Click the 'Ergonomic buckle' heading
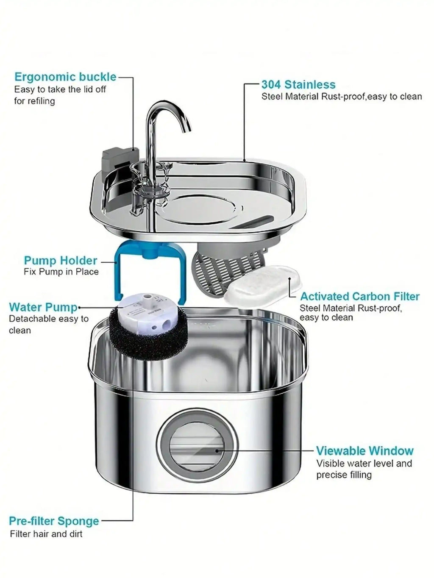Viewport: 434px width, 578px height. point(65,77)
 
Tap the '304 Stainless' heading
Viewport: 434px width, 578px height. point(298,84)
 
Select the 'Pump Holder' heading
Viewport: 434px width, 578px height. point(61,260)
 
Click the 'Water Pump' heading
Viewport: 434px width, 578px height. point(43,307)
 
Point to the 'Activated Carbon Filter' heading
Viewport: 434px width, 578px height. point(359,296)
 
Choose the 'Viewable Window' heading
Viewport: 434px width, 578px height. point(364,450)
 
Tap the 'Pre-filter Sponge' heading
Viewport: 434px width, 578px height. point(54,521)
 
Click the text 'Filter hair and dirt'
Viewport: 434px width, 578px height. point(46,534)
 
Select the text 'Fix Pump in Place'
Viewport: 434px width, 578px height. point(61,272)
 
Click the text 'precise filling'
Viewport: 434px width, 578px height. point(344,475)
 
